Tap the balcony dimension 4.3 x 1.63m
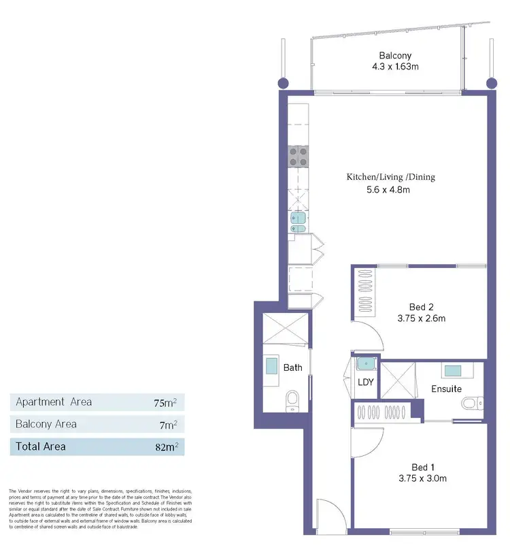tap(394, 67)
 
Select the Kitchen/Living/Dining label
tap(390, 177)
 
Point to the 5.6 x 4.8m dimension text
tap(388, 190)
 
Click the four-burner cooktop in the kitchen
tap(298, 157)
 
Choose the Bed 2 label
tap(422, 306)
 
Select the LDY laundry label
tap(365, 382)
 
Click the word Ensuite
tap(446, 389)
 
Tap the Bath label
tap(293, 367)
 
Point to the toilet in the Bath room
tap(292, 400)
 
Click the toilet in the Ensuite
tap(471, 404)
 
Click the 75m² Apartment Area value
tap(165, 402)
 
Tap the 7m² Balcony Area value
tap(169, 425)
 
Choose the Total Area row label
tap(41, 447)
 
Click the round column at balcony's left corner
tap(282, 82)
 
